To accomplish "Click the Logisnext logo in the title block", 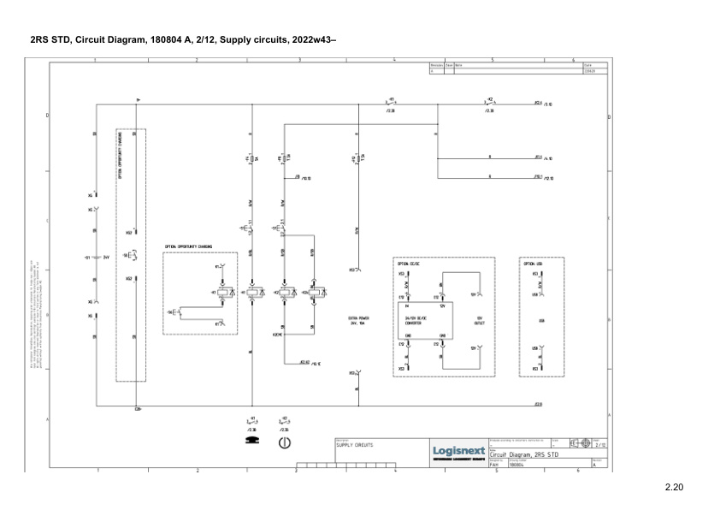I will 459,450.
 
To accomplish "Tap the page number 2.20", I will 675,489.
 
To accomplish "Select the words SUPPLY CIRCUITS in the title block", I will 354,445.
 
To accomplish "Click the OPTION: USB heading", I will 533,264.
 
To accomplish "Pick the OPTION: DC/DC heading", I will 408,264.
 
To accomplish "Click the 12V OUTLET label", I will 479,321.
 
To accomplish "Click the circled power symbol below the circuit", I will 284,442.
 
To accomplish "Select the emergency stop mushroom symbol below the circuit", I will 251,441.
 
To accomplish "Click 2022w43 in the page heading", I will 313,39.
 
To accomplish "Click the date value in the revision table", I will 589,71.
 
